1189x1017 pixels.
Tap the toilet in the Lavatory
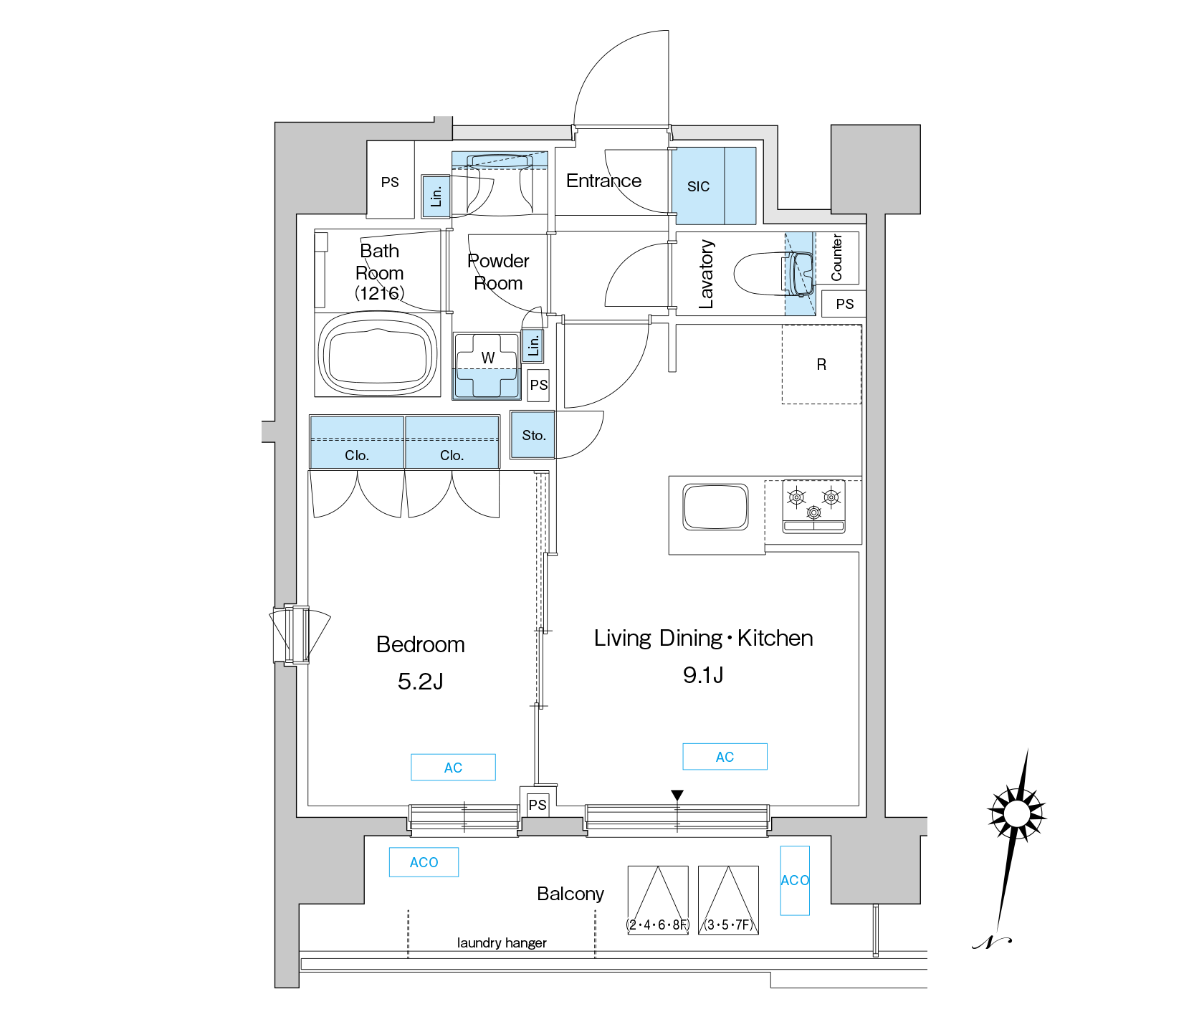point(774,273)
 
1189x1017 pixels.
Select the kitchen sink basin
point(715,507)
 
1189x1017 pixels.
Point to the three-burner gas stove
point(813,507)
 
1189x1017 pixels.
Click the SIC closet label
point(698,187)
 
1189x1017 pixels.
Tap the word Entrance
point(603,181)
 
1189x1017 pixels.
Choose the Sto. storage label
point(534,435)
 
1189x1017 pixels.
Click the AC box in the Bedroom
point(453,767)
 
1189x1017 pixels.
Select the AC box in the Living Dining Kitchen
point(725,757)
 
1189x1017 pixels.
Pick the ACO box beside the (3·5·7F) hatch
point(795,880)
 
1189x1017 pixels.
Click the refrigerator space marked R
point(821,364)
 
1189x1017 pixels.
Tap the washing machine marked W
point(487,365)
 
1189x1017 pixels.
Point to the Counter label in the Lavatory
point(836,257)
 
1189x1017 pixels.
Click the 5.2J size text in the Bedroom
point(421,681)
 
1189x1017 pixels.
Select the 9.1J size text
point(703,674)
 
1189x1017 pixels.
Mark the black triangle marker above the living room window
point(677,795)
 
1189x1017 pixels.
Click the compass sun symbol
point(1016,814)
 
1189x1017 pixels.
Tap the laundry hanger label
point(502,942)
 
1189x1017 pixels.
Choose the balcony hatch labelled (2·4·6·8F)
point(658,900)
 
